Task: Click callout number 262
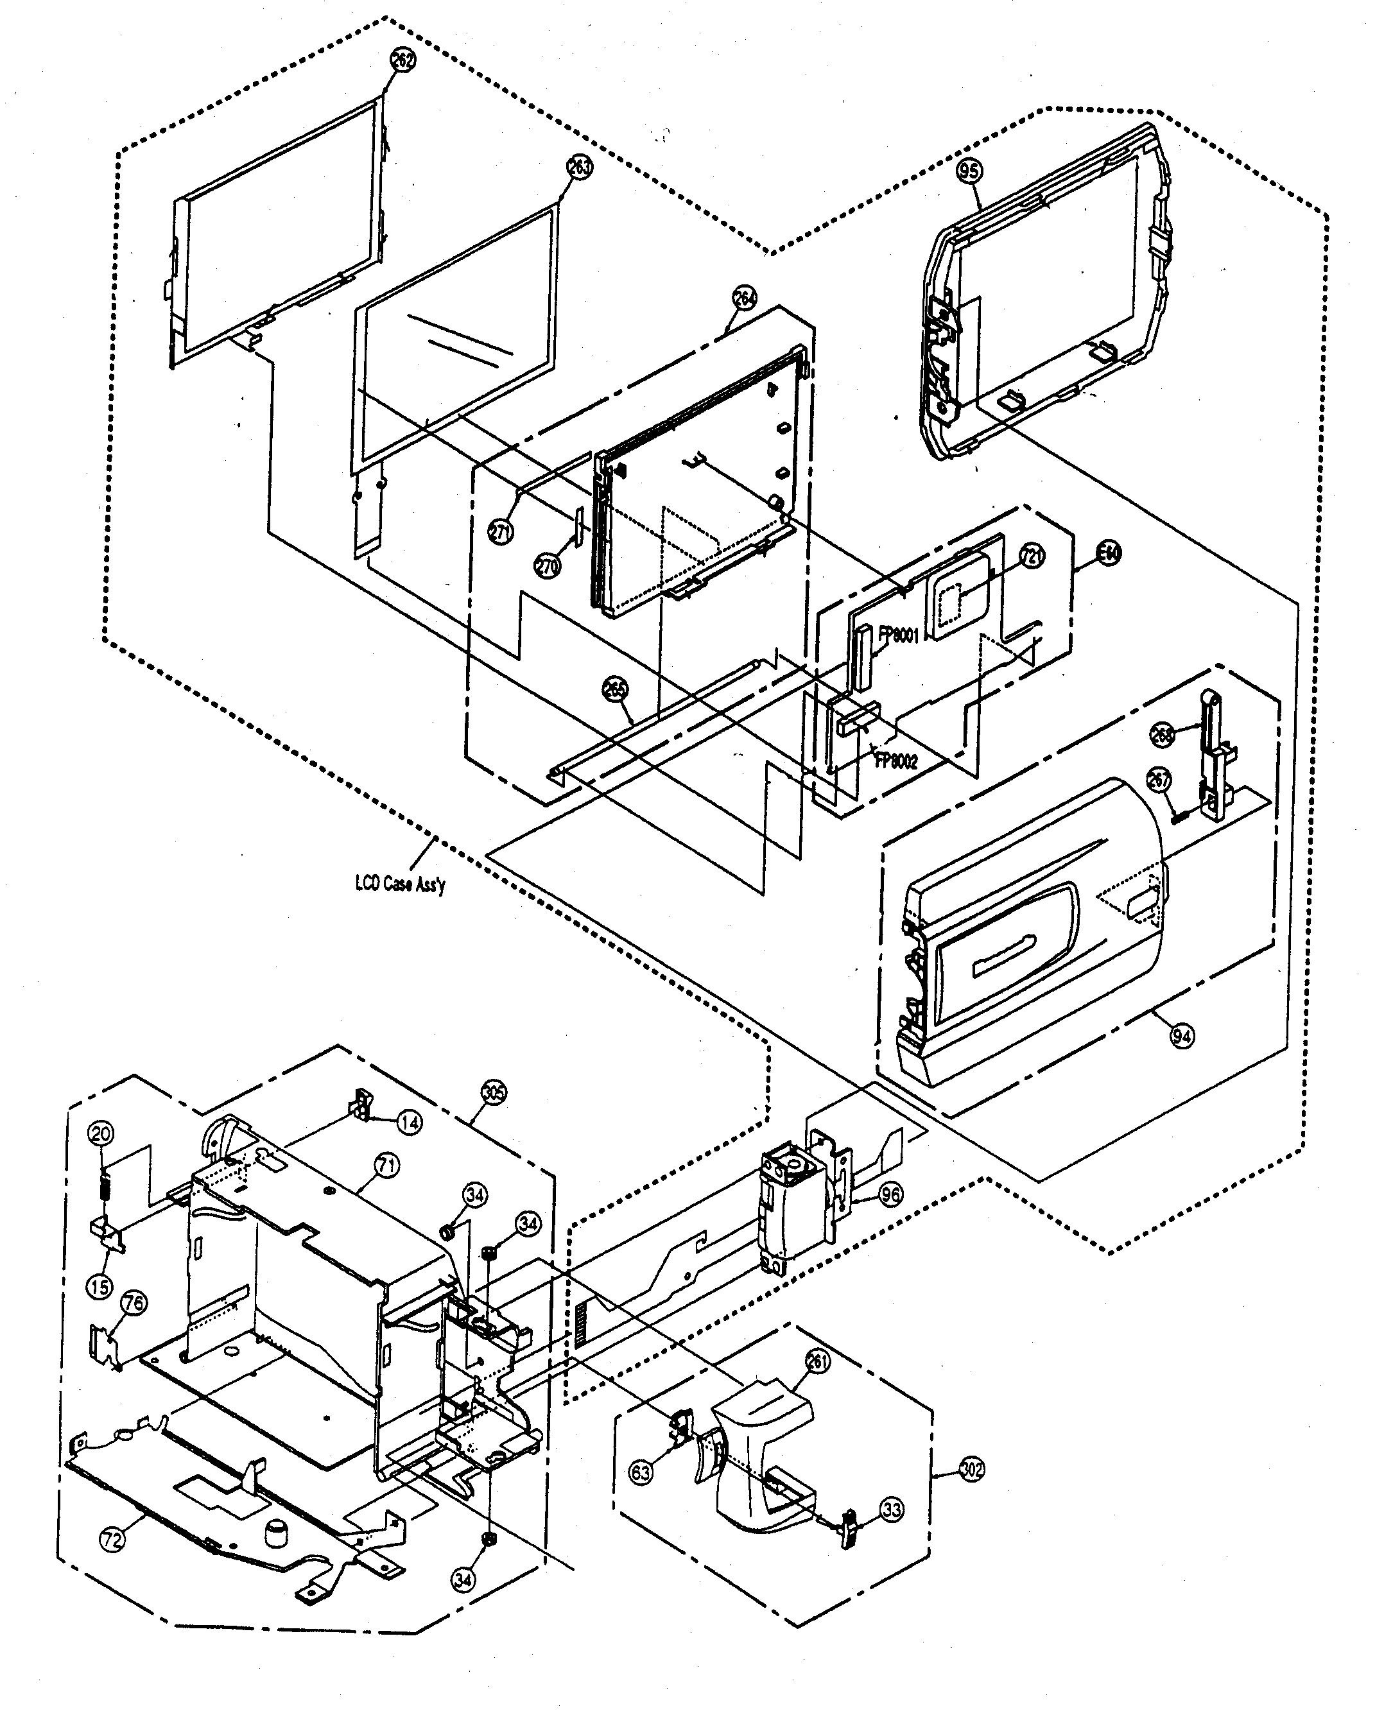point(403,60)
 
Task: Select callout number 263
point(580,168)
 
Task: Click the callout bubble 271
point(501,531)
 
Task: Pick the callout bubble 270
point(548,566)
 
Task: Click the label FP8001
point(899,635)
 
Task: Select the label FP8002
point(897,761)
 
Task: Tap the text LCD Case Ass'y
point(400,883)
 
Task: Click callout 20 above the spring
point(101,1133)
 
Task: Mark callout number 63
point(641,1472)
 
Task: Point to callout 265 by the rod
point(616,689)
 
